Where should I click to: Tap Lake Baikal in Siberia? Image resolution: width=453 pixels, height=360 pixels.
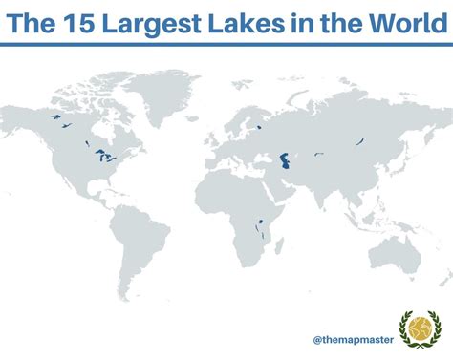coord(359,140)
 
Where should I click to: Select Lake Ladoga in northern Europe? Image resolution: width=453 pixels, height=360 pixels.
coord(259,125)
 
